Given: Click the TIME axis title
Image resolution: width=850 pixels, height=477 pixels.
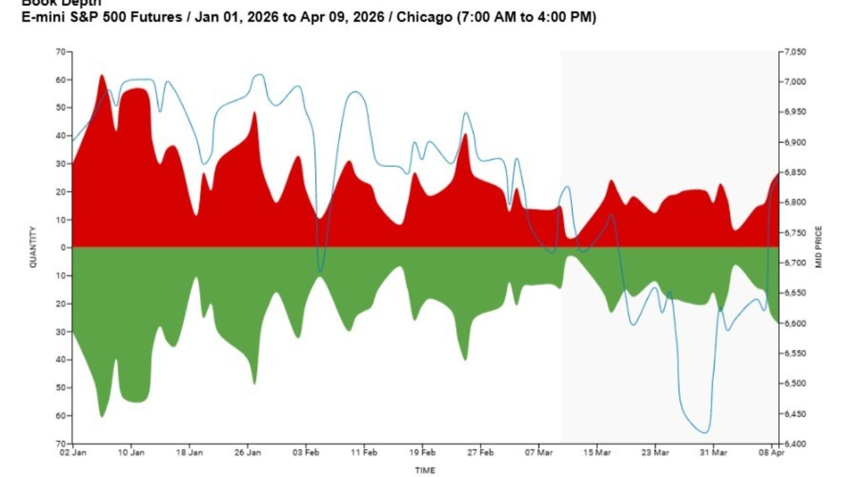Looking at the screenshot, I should tap(425, 470).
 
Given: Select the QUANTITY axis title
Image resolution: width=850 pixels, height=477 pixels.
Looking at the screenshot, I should tap(33, 247).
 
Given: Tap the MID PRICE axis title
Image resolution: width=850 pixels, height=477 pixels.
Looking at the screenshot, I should tap(819, 247).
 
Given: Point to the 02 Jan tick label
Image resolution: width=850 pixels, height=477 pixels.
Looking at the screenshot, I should tap(72, 453).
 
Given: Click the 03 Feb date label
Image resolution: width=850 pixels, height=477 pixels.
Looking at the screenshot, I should tap(306, 453).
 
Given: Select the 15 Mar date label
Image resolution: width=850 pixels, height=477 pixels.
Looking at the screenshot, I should tap(597, 453).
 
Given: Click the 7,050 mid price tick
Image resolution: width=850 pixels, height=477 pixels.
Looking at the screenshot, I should tap(795, 52).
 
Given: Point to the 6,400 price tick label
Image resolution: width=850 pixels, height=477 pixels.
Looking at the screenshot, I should tap(795, 443).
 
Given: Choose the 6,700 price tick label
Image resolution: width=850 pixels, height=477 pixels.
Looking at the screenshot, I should tap(795, 263).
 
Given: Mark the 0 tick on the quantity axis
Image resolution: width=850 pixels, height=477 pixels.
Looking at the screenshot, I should tap(64, 247).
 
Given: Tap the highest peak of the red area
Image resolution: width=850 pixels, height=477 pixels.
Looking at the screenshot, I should tap(102, 75).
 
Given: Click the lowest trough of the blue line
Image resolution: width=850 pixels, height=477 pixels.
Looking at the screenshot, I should tap(705, 433).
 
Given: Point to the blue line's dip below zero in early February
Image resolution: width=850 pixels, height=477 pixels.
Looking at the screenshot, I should tap(321, 271).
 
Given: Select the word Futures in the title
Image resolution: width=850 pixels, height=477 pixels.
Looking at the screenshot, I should tap(156, 18).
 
